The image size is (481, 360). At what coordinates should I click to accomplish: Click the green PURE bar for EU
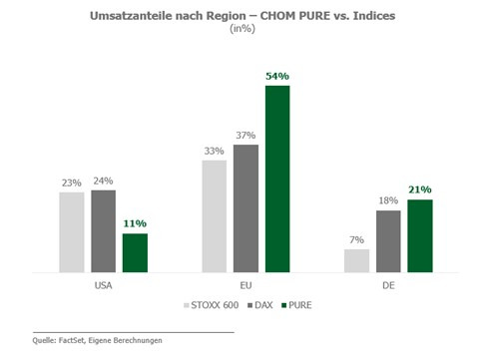tap(277, 179)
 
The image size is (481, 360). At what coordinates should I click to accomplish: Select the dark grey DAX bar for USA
tap(104, 231)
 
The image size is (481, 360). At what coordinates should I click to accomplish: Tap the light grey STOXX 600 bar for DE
tap(356, 261)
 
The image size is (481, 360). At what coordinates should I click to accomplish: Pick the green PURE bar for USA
tap(135, 253)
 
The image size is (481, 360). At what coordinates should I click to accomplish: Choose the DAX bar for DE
tap(388, 241)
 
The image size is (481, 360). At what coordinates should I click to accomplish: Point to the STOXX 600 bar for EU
tap(215, 216)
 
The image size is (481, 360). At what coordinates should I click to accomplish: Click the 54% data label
tap(277, 76)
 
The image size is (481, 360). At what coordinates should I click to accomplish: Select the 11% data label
tap(135, 223)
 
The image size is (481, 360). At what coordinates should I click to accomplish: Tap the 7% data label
tap(356, 239)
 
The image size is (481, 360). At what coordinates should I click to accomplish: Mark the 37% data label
tap(245, 136)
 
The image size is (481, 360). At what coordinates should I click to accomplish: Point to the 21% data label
tap(420, 189)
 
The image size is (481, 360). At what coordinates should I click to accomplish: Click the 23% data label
tap(72, 182)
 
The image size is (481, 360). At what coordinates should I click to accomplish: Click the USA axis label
tap(103, 285)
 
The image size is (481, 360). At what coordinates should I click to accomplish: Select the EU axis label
tap(245, 285)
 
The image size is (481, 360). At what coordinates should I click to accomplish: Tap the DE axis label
tap(388, 285)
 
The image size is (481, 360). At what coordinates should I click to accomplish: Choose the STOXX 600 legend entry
tap(212, 305)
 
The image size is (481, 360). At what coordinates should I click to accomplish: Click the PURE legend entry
tap(296, 305)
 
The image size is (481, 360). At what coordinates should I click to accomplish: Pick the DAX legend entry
tap(260, 305)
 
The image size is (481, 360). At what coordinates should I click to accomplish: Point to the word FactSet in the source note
tap(71, 340)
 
